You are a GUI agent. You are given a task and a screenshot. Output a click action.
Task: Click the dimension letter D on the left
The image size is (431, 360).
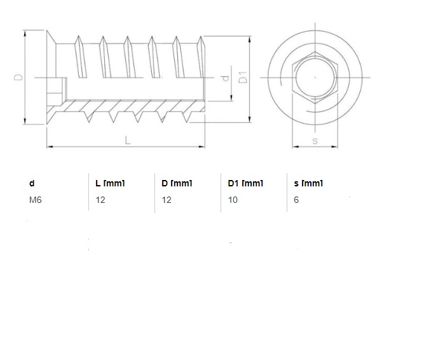tap(18, 77)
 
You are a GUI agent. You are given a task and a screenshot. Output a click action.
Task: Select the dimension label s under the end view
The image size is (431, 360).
tap(315, 141)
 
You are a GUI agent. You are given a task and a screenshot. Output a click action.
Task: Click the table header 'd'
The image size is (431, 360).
tap(32, 183)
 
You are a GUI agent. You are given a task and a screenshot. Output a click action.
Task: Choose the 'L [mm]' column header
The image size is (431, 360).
tap(109, 183)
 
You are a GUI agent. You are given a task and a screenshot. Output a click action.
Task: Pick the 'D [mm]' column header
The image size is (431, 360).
tap(177, 183)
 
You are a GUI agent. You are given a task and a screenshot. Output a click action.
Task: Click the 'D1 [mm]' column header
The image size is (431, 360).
tap(245, 183)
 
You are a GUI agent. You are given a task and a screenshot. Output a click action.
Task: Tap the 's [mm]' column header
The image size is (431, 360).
tap(309, 183)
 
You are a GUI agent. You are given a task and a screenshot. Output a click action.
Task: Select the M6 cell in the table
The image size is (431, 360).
tap(36, 200)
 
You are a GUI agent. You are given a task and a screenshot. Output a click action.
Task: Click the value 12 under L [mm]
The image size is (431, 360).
tap(100, 200)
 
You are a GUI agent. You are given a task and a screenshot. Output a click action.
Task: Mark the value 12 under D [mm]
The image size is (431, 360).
tap(167, 200)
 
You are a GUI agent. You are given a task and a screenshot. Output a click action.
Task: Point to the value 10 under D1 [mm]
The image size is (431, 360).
tap(233, 200)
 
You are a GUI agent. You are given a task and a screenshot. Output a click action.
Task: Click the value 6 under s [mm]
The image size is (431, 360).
tap(296, 200)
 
